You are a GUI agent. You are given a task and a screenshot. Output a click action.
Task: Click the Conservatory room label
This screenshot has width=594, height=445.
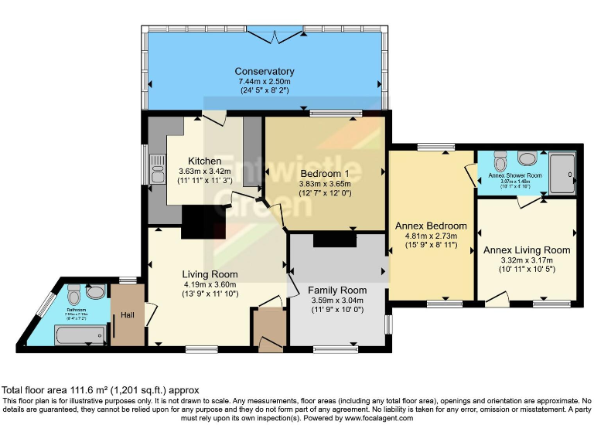tap(266, 72)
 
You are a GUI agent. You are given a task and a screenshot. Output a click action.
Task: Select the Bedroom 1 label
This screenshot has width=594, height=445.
tap(325, 172)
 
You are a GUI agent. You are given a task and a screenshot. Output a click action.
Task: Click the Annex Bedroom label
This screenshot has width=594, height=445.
tap(431, 226)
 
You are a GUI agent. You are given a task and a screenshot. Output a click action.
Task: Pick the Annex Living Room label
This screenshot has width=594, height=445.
tap(526, 250)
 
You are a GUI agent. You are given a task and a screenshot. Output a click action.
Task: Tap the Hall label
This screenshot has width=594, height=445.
tap(127, 315)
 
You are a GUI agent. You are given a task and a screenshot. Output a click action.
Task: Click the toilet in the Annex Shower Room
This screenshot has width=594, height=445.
tap(499, 162)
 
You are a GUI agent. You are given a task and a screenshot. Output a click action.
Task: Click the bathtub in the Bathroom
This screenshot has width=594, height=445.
tap(79, 335)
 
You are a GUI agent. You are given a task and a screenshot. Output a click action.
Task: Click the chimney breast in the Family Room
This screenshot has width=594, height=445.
tap(335, 240)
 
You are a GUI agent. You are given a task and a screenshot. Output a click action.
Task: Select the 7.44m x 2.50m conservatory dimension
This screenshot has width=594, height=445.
tap(266, 81)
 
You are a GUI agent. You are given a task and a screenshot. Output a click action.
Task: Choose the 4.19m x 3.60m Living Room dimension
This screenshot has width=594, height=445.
tap(210, 284)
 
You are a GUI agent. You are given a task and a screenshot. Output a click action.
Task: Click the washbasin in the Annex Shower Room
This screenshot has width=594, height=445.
tap(528, 158)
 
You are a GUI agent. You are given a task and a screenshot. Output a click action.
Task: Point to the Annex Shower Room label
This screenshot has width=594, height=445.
tap(516, 175)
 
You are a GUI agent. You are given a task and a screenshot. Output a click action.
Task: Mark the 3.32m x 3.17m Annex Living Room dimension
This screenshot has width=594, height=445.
tap(526, 260)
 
